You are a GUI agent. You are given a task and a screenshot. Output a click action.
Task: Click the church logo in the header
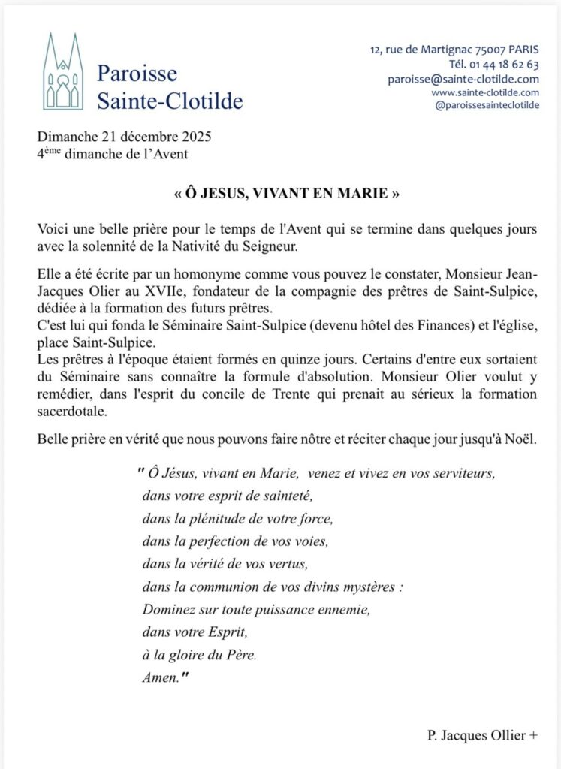63,72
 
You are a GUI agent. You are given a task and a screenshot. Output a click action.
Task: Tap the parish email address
463,79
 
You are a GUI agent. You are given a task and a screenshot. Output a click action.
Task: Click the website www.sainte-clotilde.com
485,92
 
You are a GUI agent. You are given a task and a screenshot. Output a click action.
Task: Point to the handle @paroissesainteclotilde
487,105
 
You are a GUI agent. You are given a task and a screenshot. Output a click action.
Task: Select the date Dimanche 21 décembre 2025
124,137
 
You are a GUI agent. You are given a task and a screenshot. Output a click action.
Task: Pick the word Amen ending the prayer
160,677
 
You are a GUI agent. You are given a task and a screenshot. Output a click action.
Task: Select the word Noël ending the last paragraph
519,439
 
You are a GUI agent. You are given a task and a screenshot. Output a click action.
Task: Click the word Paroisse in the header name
137,74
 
